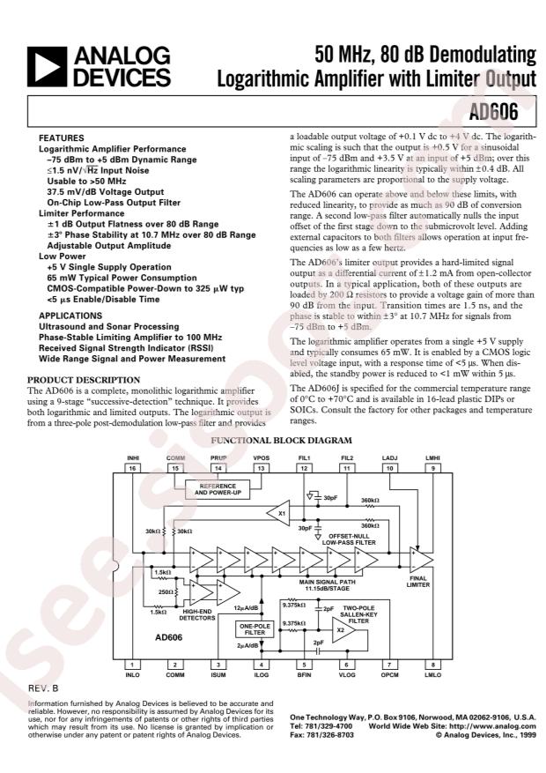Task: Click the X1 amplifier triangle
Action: (x=279, y=513)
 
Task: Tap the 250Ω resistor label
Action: (x=165, y=591)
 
